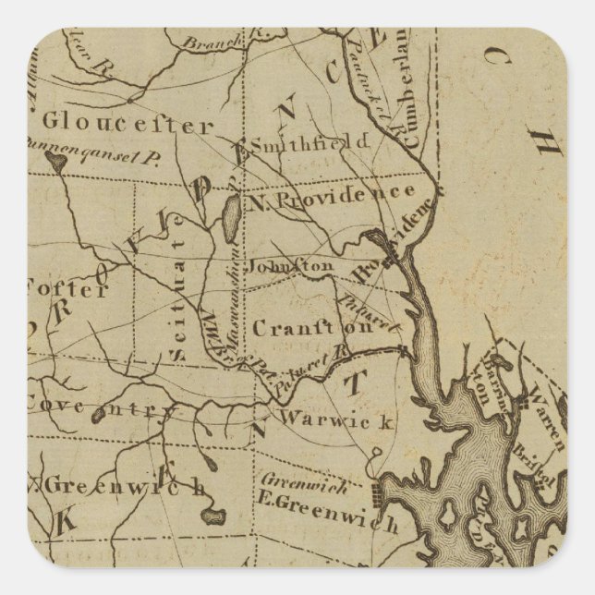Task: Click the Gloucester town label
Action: point(127,123)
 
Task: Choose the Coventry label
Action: point(97,405)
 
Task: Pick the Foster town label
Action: point(69,288)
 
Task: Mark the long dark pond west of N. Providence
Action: point(228,220)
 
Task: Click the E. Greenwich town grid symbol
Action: point(371,492)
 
